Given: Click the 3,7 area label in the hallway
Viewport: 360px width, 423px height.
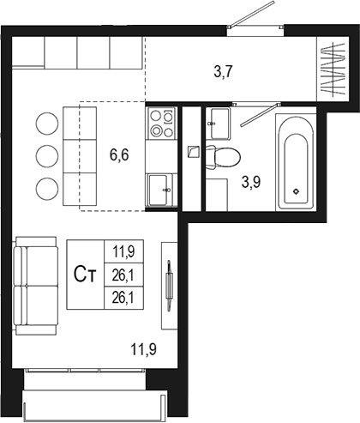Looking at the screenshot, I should (223, 72).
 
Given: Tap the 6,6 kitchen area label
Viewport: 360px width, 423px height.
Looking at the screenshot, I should (119, 155).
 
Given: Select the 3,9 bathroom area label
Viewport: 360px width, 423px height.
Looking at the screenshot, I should (251, 182).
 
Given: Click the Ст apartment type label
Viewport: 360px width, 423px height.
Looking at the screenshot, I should (84, 275).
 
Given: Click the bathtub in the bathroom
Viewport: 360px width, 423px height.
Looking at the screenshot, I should (296, 162).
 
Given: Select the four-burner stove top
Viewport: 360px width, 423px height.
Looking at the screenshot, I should (161, 123).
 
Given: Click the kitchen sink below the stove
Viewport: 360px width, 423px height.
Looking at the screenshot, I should (160, 189).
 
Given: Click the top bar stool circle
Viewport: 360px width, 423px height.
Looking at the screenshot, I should (45, 124).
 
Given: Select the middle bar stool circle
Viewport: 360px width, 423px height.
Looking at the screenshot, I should (45, 155).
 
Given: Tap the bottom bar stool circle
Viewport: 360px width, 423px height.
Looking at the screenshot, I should (45, 187).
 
